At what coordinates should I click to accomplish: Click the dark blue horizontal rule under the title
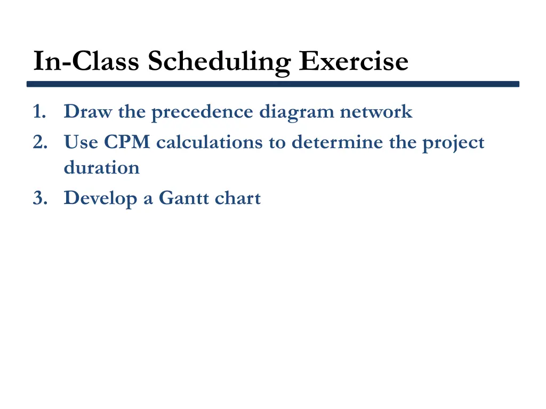[273, 84]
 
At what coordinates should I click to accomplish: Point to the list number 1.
[38, 112]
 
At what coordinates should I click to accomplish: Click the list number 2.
[38, 143]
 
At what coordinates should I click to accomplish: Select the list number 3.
[38, 198]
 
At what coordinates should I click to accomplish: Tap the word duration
[101, 168]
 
